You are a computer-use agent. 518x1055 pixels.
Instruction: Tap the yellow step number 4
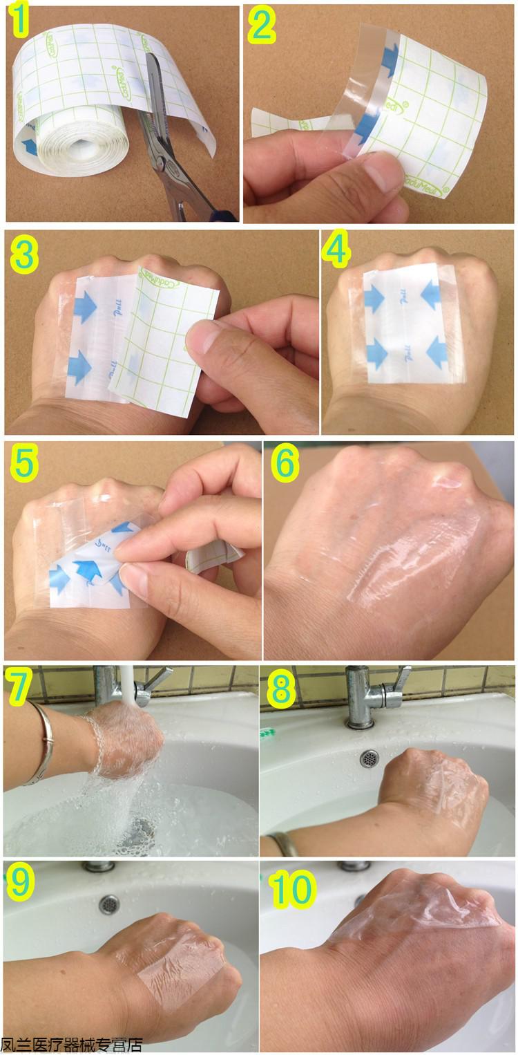(337, 252)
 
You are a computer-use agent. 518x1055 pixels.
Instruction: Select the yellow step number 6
(285, 465)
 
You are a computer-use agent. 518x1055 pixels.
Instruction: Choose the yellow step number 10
(293, 888)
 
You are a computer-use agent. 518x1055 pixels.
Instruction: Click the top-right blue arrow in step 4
(430, 297)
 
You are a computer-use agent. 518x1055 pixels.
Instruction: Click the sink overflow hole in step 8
(370, 758)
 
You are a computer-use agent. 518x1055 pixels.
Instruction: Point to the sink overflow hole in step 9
(108, 904)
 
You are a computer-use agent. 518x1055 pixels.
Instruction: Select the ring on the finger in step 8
(282, 844)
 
